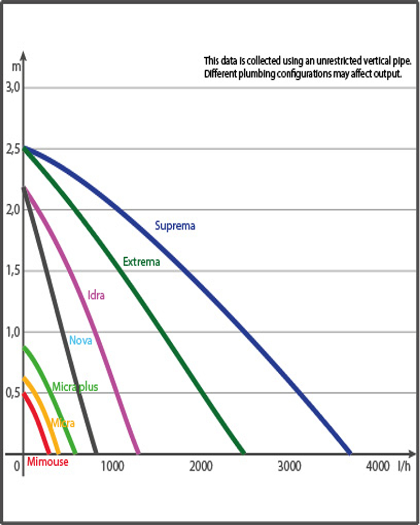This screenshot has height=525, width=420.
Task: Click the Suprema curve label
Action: [x=175, y=226]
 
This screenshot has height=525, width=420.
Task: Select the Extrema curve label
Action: [x=141, y=261]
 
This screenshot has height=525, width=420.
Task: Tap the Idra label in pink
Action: [x=96, y=295]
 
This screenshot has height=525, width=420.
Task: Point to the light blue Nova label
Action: [x=81, y=340]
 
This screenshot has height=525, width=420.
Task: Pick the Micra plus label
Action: [x=75, y=387]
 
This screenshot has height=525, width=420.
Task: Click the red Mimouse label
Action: [x=47, y=462]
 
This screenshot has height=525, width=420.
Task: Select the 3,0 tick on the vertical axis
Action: [x=12, y=87]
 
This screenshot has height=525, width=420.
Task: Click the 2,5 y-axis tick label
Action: [x=12, y=149]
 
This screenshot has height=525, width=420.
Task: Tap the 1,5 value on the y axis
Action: [x=12, y=271]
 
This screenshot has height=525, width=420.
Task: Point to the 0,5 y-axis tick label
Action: [x=12, y=393]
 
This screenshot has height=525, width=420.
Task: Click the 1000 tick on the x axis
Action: [x=111, y=466]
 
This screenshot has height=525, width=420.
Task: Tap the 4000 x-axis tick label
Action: [x=378, y=466]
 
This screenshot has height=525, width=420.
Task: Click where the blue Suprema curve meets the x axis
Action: [x=350, y=453]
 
